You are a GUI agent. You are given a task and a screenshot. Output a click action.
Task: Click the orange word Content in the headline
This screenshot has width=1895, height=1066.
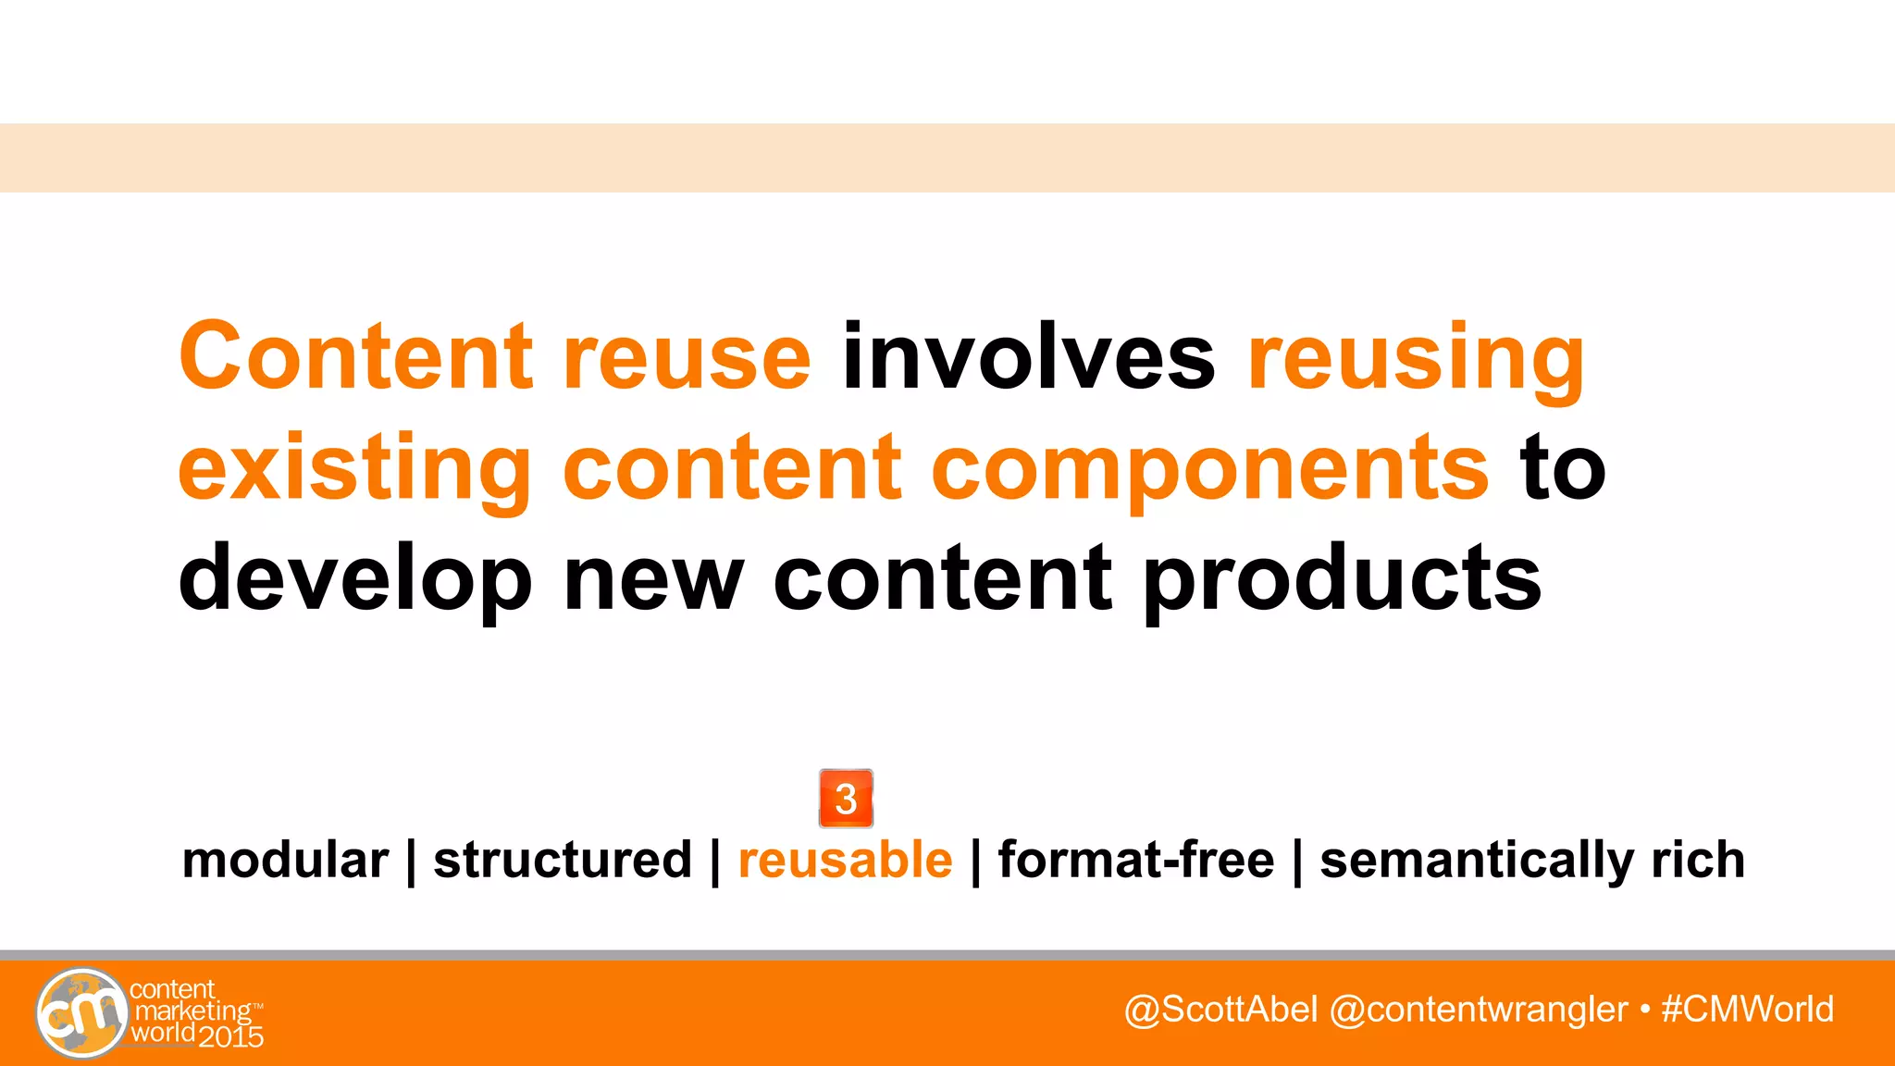tap(355, 357)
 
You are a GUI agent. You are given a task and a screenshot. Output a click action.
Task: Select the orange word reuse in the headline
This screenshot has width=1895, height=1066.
tap(687, 359)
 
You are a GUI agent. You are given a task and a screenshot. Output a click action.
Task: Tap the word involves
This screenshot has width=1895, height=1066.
tap(1028, 357)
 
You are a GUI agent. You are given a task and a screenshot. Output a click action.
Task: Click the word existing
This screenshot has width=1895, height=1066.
tap(354, 470)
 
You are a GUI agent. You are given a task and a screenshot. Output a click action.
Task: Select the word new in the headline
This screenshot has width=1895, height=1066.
tap(653, 579)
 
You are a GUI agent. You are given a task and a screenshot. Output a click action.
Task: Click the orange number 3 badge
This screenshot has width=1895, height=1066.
tap(846, 799)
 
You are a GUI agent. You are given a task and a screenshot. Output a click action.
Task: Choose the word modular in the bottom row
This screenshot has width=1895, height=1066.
tap(285, 861)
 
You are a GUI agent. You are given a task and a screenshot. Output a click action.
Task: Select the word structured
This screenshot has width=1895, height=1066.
tap(563, 861)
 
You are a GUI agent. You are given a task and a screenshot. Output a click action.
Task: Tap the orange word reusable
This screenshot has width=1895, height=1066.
tap(845, 861)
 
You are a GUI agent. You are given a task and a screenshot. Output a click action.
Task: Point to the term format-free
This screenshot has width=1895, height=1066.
tap(1136, 861)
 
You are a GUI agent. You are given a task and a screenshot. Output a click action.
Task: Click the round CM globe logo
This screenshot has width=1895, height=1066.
tap(81, 1012)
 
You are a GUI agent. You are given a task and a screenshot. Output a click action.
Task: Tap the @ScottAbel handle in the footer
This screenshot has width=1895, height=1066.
tap(1220, 1010)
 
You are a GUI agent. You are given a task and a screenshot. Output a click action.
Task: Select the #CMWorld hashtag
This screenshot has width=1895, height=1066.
tap(1747, 1010)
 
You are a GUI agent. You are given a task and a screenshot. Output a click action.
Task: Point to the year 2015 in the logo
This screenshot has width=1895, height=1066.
tap(231, 1037)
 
